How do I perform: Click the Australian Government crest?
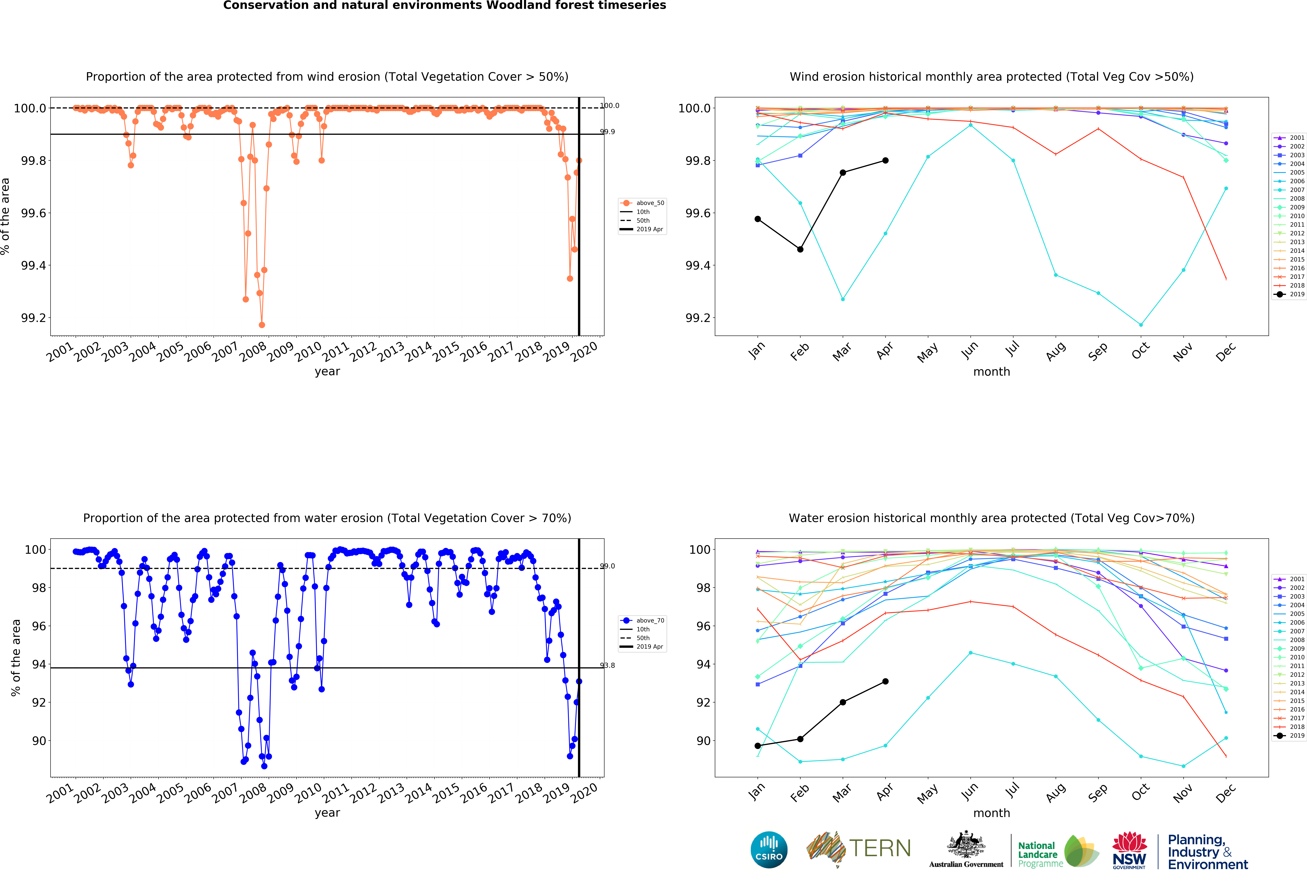pyautogui.click(x=966, y=844)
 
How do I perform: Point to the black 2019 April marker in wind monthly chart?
pyautogui.click(x=885, y=160)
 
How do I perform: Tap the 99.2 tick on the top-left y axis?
pyautogui.click(x=34, y=318)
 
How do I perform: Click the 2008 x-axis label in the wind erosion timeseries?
pyautogui.click(x=253, y=351)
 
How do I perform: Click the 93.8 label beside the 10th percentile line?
pyautogui.click(x=607, y=665)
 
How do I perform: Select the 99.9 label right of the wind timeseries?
pyautogui.click(x=607, y=132)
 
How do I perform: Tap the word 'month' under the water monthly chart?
pyautogui.click(x=991, y=813)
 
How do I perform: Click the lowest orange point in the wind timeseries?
pyautogui.click(x=261, y=325)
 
